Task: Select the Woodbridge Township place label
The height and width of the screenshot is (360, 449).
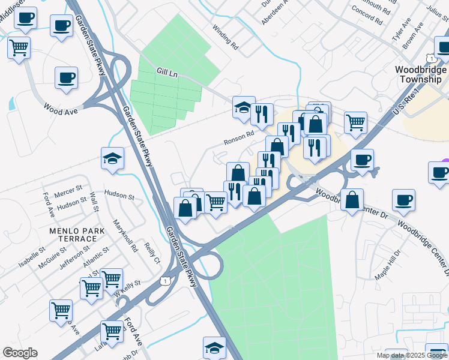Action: click(420, 74)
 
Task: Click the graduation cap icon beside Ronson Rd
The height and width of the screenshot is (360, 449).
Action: click(244, 107)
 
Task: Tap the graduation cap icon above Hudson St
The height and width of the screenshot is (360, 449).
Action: click(112, 158)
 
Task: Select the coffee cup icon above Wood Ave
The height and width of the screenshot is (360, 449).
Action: click(66, 77)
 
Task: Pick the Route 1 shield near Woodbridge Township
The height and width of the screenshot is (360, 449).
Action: click(431, 58)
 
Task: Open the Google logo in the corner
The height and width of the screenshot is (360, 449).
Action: click(20, 353)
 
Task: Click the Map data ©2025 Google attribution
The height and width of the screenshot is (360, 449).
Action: click(412, 355)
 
